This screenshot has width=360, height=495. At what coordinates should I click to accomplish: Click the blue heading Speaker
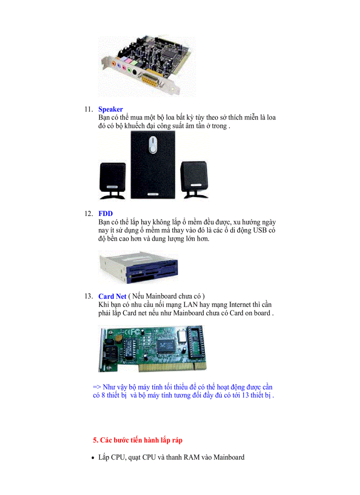[x=110, y=109]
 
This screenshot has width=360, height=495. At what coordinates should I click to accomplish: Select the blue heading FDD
[x=105, y=214]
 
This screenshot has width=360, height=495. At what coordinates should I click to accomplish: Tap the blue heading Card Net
[x=112, y=296]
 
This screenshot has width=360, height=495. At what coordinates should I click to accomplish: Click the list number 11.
[x=88, y=109]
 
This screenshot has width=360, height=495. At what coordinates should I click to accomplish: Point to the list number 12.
[x=88, y=214]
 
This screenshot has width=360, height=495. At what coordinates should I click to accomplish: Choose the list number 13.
[x=88, y=296]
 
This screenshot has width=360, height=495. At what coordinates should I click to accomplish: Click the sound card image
[x=146, y=66]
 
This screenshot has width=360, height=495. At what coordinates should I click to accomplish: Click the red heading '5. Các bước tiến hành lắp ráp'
[x=138, y=440]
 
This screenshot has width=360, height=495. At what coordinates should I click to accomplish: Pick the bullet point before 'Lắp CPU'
[x=93, y=458]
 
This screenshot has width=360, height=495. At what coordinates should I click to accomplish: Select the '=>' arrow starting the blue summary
[x=97, y=387]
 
